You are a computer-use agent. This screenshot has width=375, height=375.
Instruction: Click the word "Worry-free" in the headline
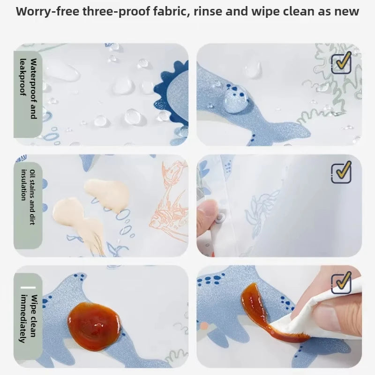click(x=47, y=11)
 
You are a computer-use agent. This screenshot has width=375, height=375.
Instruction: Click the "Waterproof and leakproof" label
click(x=28, y=89)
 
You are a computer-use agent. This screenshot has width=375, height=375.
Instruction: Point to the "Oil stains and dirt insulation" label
click(x=28, y=197)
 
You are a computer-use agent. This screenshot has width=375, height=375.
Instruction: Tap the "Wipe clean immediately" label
click(x=28, y=319)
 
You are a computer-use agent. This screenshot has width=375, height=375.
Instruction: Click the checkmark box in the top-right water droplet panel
click(x=342, y=63)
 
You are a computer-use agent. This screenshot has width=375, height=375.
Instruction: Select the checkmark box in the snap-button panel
click(x=342, y=172)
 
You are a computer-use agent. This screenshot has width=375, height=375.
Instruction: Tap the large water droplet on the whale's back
click(x=236, y=98)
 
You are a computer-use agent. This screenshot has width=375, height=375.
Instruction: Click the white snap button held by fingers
click(x=220, y=218)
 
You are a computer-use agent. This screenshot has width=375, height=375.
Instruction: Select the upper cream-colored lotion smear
click(x=107, y=194)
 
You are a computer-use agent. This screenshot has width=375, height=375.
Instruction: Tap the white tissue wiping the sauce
click(x=318, y=315)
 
